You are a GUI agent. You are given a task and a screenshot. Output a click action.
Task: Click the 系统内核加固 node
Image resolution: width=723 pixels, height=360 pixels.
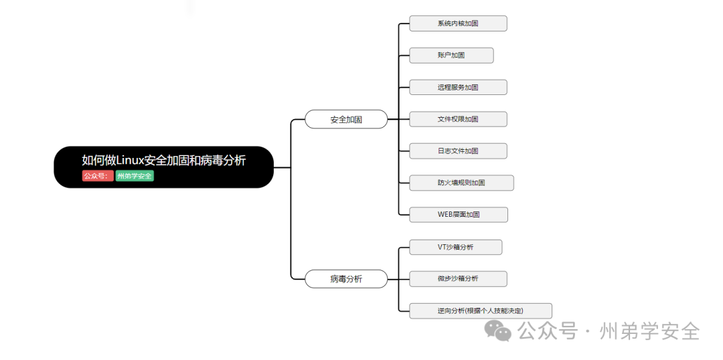click(x=458, y=23)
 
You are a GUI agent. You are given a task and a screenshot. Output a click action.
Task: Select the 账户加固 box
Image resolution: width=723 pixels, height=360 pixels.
click(x=451, y=56)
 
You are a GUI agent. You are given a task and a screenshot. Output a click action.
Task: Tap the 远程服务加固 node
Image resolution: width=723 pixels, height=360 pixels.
click(x=458, y=87)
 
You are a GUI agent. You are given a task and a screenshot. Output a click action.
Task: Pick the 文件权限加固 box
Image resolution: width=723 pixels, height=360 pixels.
click(x=458, y=119)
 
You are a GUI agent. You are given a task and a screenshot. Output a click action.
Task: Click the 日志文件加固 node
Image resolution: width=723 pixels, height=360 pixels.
click(x=458, y=151)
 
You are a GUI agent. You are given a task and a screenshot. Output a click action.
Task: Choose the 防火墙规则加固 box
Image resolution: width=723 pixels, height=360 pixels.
click(x=461, y=183)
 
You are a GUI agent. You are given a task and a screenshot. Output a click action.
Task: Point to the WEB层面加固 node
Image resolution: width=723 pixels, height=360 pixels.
click(x=459, y=215)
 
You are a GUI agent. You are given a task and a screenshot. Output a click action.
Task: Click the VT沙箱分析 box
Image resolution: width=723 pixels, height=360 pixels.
click(x=455, y=247)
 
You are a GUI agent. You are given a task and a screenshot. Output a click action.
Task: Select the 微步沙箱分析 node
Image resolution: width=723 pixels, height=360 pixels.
click(x=458, y=279)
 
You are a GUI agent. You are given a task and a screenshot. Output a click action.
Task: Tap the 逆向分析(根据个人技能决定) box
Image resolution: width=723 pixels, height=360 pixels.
click(x=481, y=310)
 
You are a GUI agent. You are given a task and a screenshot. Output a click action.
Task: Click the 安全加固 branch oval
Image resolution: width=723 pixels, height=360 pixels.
click(x=346, y=120)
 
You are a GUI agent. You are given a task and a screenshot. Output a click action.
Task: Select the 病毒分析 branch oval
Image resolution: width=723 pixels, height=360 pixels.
click(x=346, y=279)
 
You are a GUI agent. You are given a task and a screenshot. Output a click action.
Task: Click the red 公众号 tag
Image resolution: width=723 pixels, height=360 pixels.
click(x=96, y=176)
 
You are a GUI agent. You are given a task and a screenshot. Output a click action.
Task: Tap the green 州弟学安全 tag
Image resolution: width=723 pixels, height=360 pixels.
click(x=134, y=176)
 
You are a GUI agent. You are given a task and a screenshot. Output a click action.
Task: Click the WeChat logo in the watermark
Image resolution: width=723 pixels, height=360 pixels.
click(x=499, y=331)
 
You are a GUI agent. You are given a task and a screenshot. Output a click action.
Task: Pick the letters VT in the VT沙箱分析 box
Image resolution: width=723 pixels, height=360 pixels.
click(x=441, y=247)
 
